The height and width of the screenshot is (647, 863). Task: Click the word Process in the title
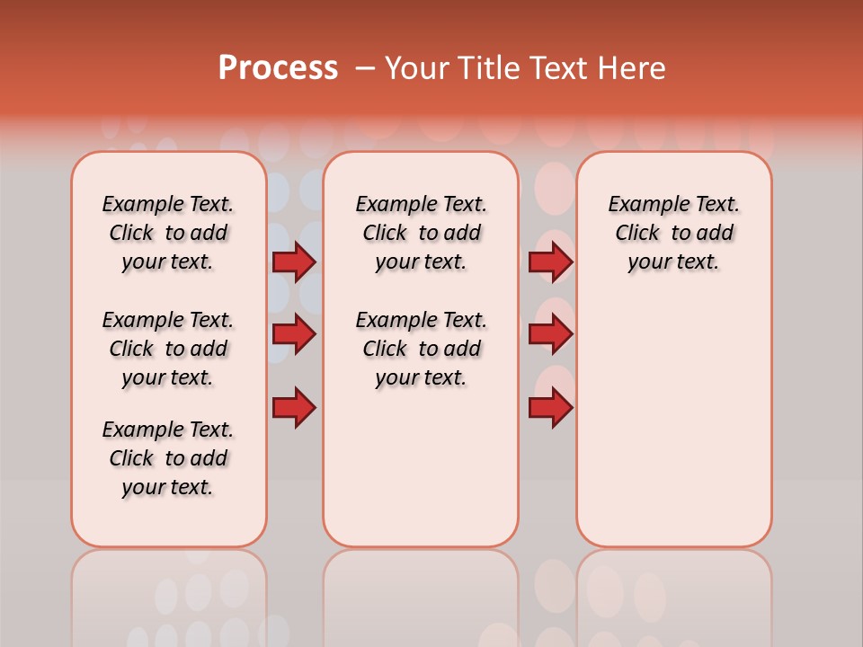coord(278,68)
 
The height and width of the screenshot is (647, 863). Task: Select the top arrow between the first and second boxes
coord(294,261)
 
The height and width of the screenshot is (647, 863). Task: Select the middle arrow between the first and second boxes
coord(294,334)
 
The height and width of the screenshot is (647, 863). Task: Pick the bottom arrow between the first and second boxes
coord(294,408)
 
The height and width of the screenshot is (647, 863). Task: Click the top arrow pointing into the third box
coord(550,261)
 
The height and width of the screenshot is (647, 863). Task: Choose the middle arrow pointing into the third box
coord(550,334)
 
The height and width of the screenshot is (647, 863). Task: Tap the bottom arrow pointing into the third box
coord(550,408)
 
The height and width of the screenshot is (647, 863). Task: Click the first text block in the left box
coord(168,233)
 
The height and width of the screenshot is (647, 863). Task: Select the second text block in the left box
coord(168,349)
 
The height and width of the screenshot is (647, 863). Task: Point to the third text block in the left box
coord(168,458)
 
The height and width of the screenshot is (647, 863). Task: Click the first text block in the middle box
coord(421,233)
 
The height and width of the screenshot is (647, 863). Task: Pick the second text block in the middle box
coord(421,349)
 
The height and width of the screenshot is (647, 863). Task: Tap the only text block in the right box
coord(673,233)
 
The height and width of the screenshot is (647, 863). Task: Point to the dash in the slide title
coord(365,68)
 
